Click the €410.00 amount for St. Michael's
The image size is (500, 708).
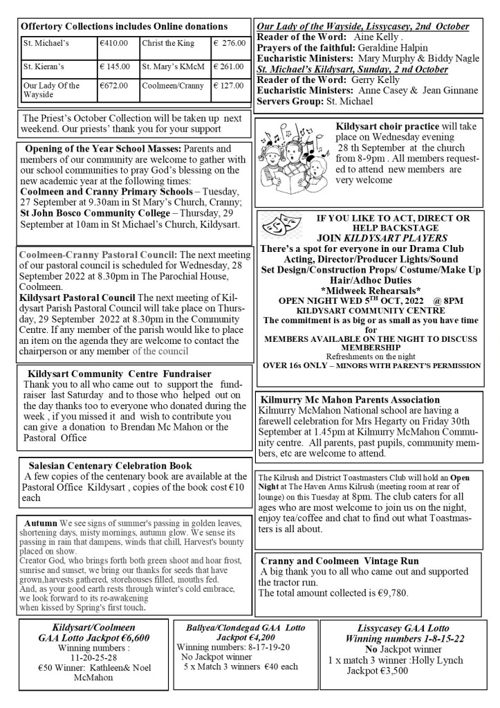(114, 43)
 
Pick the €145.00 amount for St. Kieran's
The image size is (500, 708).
(115, 67)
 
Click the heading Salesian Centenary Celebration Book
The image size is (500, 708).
(110, 466)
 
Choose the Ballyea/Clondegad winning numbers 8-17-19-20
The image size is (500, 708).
(252, 647)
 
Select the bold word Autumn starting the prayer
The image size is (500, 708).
(41, 522)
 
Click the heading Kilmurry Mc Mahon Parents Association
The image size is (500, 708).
(351, 399)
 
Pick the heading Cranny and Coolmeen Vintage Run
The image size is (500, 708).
(349, 560)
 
